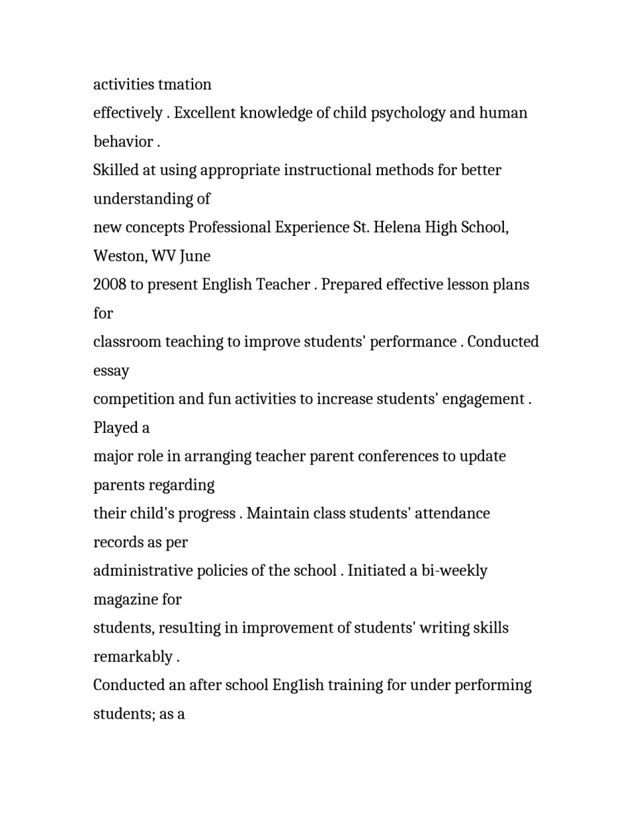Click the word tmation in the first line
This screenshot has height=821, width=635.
pyautogui.click(x=184, y=85)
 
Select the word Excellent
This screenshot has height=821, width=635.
pyautogui.click(x=205, y=113)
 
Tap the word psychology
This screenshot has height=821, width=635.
pyautogui.click(x=408, y=113)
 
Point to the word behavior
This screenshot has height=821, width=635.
pyautogui.click(x=123, y=142)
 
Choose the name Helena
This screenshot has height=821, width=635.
pyautogui.click(x=397, y=228)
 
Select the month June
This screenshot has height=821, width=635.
pyautogui.click(x=195, y=257)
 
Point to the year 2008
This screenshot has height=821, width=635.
pyautogui.click(x=110, y=285)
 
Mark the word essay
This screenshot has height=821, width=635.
pyautogui.click(x=111, y=371)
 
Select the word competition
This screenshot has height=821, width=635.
pyautogui.click(x=133, y=399)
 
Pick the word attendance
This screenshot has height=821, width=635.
pyautogui.click(x=452, y=514)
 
